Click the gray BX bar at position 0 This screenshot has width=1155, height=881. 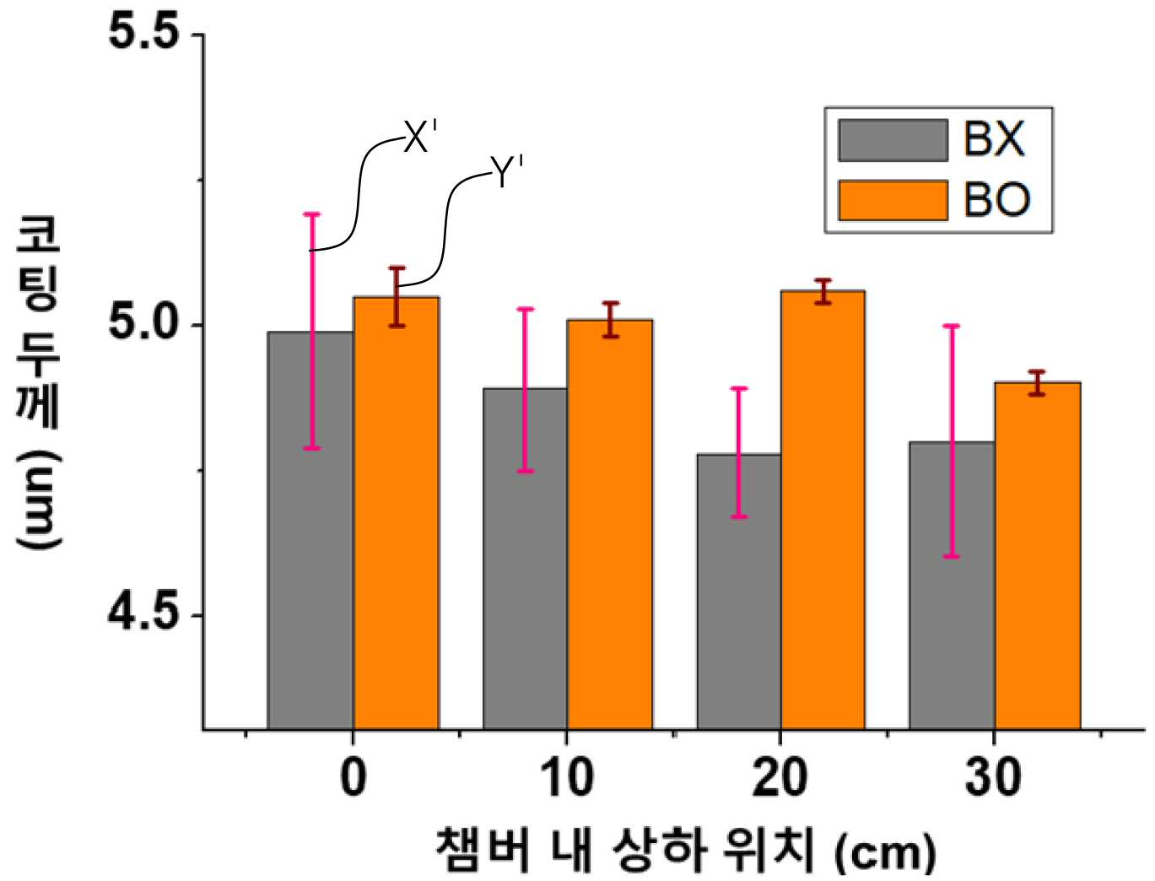(310, 531)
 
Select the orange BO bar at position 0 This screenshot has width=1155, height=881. (397, 513)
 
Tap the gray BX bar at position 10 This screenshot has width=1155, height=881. (525, 559)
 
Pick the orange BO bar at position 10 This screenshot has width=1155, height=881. (610, 525)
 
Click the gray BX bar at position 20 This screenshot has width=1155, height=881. (739, 592)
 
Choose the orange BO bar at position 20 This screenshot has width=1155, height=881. (823, 510)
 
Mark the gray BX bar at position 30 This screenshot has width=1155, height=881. (952, 586)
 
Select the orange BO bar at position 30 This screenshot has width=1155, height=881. (1038, 556)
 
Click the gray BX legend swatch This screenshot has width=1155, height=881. (893, 140)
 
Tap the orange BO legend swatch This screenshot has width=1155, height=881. (893, 201)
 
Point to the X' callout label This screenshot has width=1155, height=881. (420, 137)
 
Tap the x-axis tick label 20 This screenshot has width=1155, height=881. (780, 778)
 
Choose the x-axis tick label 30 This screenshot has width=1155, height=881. (994, 778)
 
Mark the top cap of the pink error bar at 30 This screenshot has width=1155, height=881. (952, 326)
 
